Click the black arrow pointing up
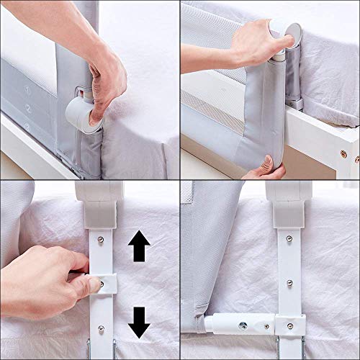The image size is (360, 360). click(139, 249)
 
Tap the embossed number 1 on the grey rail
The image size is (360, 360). click(26, 91)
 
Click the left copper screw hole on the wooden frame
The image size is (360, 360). click(343, 154)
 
